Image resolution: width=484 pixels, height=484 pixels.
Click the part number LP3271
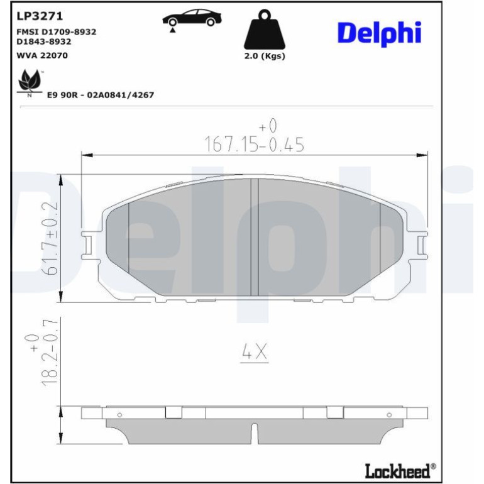(x=40, y=16)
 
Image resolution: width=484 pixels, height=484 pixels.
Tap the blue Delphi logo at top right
(x=380, y=33)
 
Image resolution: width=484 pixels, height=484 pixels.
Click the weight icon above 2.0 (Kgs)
(x=265, y=30)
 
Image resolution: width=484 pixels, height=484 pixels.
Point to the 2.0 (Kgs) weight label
(x=265, y=56)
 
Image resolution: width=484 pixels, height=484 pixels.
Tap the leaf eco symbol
(x=30, y=82)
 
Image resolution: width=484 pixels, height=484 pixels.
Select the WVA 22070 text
(x=42, y=55)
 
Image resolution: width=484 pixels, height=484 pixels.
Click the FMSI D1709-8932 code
(x=56, y=32)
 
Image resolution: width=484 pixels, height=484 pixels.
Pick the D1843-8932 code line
(x=44, y=41)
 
